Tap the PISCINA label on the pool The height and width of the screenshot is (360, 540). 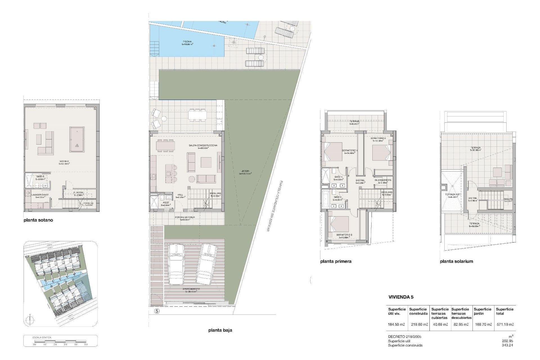click(187, 43)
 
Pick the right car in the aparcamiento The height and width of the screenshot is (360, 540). click(207, 264)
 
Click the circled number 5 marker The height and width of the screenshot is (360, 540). click(157, 311)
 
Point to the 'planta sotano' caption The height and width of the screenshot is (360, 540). click(38, 220)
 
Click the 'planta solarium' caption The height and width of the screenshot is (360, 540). click(456, 261)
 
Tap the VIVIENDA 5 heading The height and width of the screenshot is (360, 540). click(401, 297)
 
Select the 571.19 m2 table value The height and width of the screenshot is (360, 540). click(505, 324)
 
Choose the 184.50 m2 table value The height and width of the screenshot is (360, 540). click(396, 324)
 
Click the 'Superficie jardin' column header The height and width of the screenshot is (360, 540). click(482, 311)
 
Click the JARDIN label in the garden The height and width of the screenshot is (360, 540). click(245, 172)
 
